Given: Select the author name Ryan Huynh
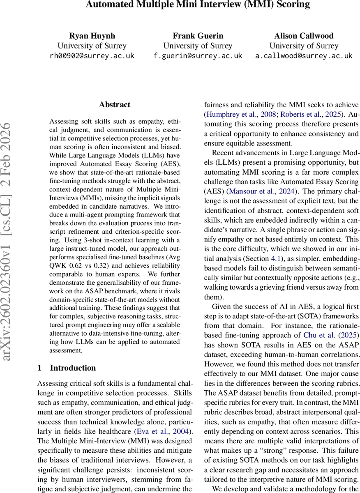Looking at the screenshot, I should click(92, 35).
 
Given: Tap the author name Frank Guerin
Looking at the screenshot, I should click(198, 35).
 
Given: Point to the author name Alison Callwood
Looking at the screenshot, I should click(304, 35).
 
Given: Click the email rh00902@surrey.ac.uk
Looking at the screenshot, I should click(92, 56).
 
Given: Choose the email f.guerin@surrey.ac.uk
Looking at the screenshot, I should click(198, 56).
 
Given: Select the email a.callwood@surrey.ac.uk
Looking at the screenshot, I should click(304, 56).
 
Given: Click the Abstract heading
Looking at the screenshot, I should click(115, 105).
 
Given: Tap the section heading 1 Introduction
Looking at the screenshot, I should click(67, 368).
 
